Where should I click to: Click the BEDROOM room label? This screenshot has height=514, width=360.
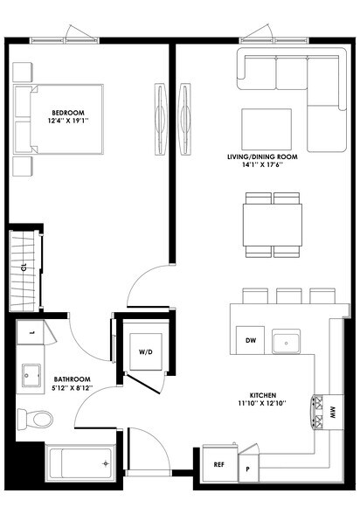66,112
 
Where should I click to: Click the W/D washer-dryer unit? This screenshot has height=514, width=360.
145,352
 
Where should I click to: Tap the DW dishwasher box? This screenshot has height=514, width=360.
250,340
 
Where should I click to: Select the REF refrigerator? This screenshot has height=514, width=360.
218,465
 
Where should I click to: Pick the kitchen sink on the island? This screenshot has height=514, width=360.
286,340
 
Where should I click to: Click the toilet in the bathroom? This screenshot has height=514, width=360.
35,420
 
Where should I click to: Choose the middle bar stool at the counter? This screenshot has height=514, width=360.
288,296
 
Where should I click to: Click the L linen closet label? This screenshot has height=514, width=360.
31,333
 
